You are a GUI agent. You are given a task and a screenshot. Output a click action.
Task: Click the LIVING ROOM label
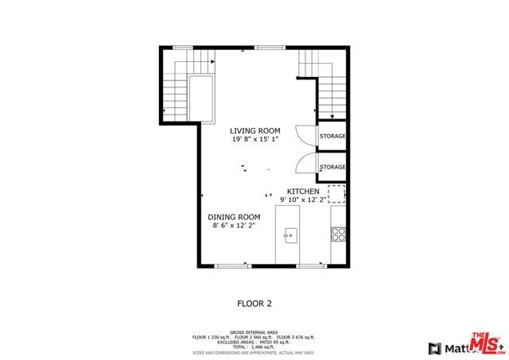pos(255,130)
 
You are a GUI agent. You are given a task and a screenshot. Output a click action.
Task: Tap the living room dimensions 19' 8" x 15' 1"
pos(255,140)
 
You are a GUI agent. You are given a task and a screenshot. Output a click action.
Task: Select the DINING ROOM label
pos(234,217)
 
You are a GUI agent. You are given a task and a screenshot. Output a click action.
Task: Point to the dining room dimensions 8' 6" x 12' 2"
pos(234,226)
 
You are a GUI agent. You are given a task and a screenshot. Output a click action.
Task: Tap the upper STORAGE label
pos(332,137)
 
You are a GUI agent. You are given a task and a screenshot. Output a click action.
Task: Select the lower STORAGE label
pos(332,167)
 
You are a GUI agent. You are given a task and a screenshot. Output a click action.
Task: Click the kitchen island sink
pos(290,234)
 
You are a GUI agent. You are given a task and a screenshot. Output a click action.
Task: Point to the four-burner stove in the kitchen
pos(338,234)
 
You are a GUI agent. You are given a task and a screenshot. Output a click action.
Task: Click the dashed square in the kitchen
pos(337,194)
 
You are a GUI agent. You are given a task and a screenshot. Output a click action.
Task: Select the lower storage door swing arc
pos(305,164)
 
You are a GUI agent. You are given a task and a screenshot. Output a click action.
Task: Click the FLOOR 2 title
pos(254,303)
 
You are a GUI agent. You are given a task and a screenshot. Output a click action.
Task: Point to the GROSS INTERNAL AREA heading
pos(254,332)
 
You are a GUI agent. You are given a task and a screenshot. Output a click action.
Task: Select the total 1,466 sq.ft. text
pos(254,346)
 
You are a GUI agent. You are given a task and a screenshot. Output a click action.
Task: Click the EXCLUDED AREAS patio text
pos(254,342)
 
